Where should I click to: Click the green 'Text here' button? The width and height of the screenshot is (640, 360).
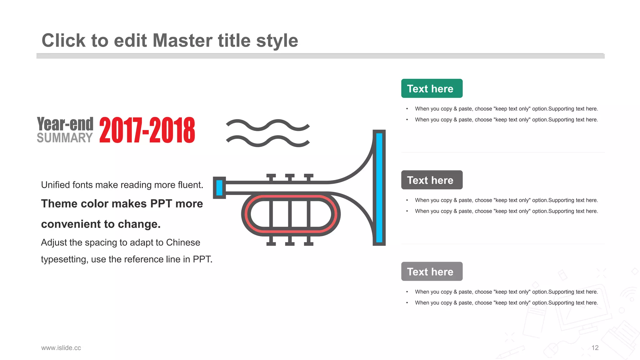(x=432, y=88)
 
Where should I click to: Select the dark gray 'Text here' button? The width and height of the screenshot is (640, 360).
(x=432, y=180)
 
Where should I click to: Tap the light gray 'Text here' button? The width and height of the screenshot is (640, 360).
(x=432, y=271)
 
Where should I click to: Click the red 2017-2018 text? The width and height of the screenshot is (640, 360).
(x=147, y=130)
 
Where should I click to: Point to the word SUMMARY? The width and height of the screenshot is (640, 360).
(x=65, y=138)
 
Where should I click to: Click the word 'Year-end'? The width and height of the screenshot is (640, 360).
(x=65, y=124)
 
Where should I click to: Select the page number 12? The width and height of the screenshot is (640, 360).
(x=595, y=348)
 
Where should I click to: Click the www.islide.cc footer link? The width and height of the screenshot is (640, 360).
(x=61, y=348)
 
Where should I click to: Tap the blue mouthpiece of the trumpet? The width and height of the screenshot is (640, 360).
(x=219, y=187)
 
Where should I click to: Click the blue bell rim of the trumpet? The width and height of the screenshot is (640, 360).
(x=379, y=187)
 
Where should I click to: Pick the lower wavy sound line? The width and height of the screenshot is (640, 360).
(x=268, y=141)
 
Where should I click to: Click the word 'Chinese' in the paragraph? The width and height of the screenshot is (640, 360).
(x=183, y=242)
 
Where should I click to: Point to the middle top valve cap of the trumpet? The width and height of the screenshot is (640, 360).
(x=290, y=176)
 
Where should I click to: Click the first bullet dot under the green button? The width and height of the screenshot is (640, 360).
(x=407, y=109)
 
